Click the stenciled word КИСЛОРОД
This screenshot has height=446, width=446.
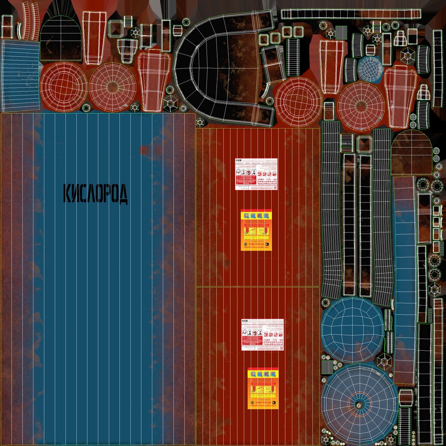pyautogui.click(x=95, y=194)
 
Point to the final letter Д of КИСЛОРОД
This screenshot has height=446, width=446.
pyautogui.click(x=122, y=194)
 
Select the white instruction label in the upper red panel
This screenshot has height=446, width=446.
pyautogui.click(x=256, y=174)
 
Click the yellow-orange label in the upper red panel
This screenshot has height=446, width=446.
pyautogui.click(x=256, y=230)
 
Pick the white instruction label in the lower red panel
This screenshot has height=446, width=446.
pyautogui.click(x=263, y=334)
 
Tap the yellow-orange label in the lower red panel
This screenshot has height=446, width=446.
pyautogui.click(x=263, y=388)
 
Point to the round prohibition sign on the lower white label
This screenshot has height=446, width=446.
pyautogui.click(x=255, y=333)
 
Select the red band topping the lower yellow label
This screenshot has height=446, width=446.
pyautogui.click(x=263, y=371)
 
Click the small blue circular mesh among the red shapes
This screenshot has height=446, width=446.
pyautogui.click(x=370, y=69)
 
